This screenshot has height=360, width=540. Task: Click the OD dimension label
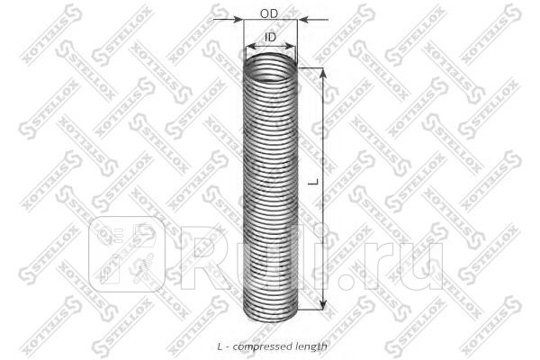coord(268,13)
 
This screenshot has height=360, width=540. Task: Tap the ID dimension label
coord(270,37)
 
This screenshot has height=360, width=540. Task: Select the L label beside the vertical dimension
coord(311,180)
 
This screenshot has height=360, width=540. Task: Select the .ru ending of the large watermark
coord(410,256)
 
